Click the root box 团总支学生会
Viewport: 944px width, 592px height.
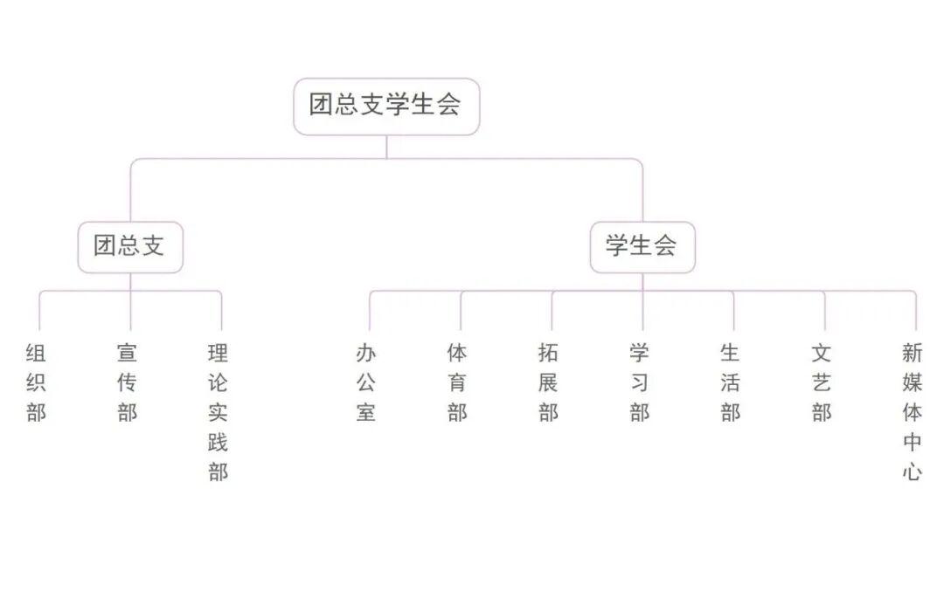386,107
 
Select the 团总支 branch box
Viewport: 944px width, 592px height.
130,247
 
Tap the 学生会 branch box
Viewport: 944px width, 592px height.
642,247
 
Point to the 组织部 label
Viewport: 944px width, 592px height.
36,382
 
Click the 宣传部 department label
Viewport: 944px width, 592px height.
128,382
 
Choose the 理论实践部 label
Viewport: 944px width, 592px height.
218,413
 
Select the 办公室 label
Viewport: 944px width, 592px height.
366,382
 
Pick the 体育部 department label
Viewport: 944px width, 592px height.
457,382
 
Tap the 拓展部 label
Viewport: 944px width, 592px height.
548,382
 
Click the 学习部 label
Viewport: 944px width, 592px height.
640,382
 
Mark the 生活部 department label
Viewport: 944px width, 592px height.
731,382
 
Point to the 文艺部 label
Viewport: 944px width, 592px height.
822,382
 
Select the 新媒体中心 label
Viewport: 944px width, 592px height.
913,413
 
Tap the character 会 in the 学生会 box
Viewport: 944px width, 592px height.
665,245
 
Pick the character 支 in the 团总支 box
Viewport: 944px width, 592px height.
153,245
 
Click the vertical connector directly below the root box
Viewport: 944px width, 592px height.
386,147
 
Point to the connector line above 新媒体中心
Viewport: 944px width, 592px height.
916,311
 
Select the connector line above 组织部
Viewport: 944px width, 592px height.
39,311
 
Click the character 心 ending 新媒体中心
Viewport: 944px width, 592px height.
913,472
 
